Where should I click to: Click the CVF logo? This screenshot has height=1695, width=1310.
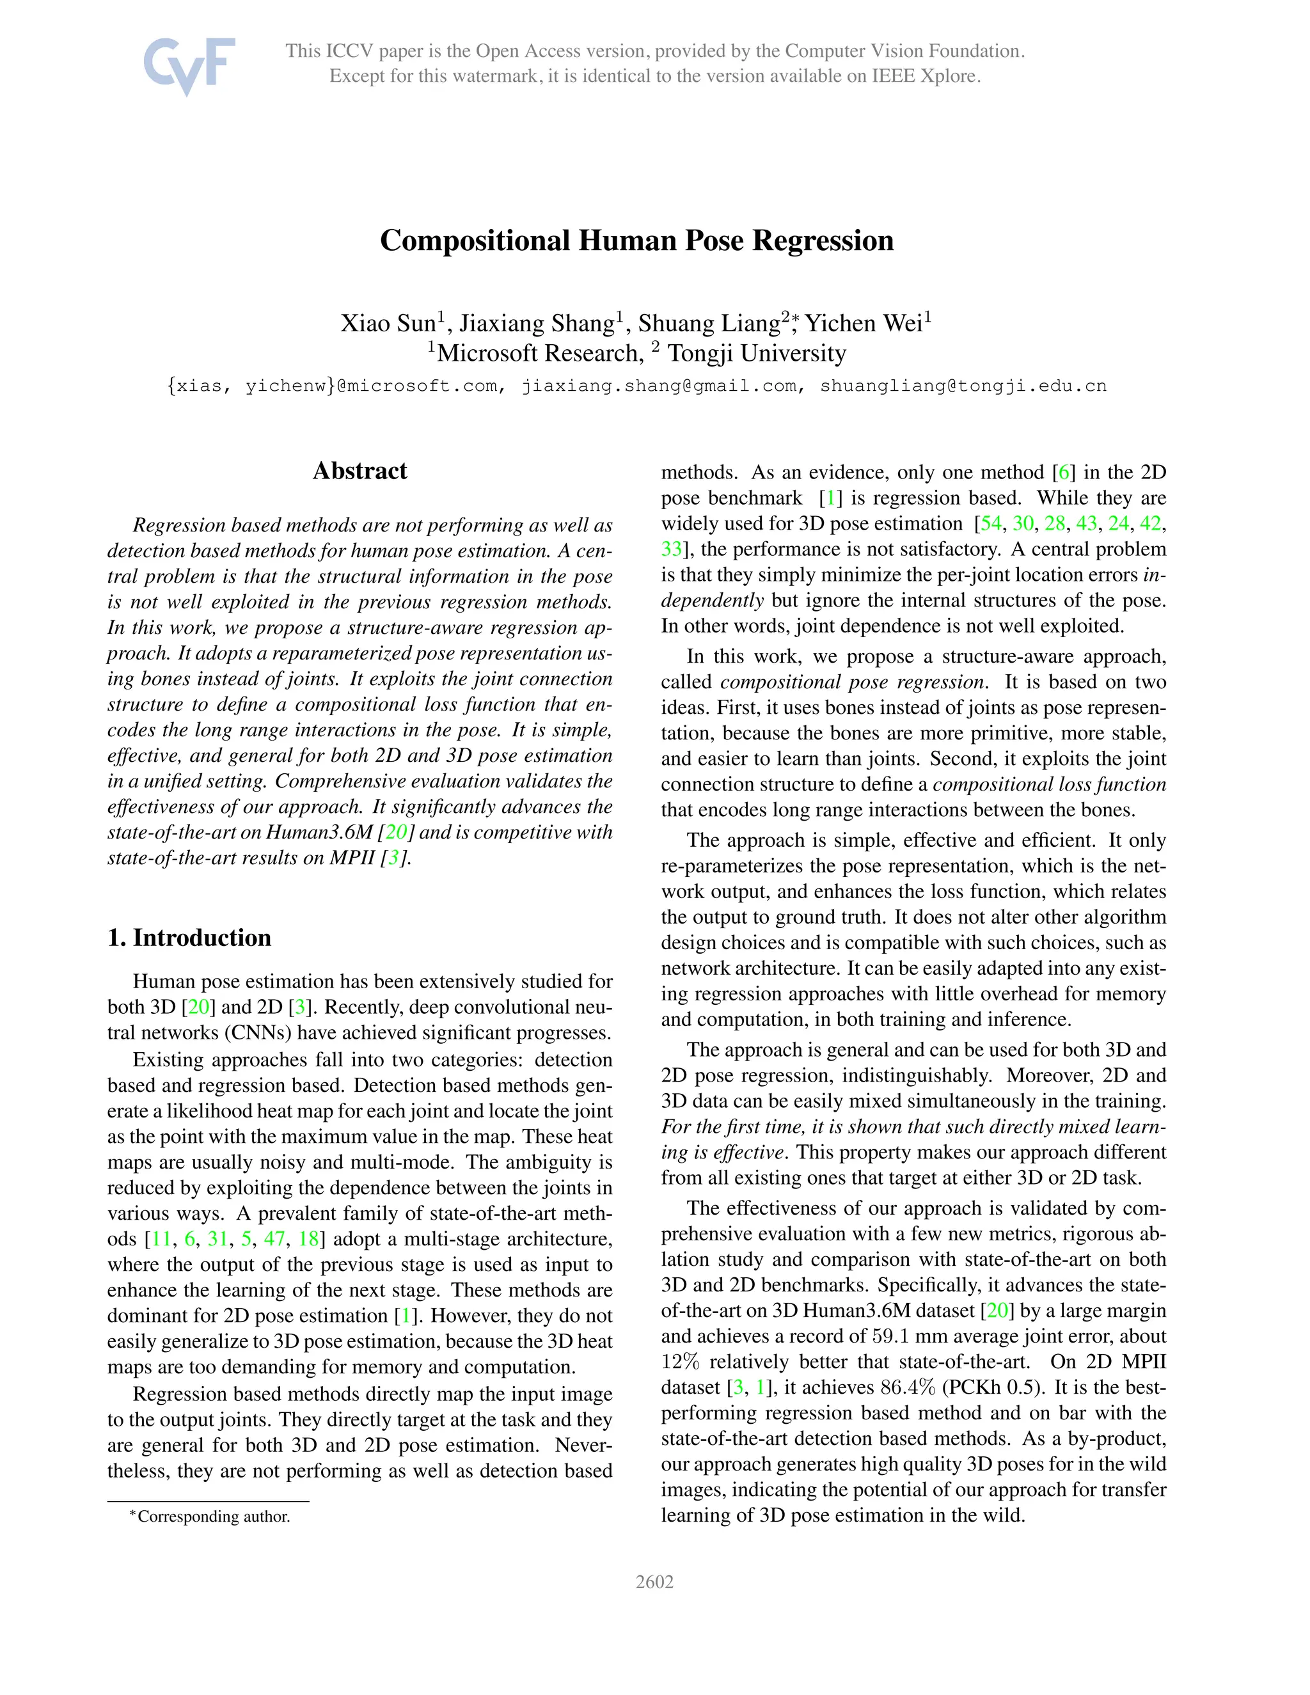click(x=189, y=65)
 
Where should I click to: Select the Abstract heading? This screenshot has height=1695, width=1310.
click(x=359, y=471)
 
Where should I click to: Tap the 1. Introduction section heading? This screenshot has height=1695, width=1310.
click(x=189, y=938)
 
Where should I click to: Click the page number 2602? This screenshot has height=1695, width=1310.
click(x=654, y=1582)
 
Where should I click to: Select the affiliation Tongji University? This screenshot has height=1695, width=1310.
click(x=757, y=354)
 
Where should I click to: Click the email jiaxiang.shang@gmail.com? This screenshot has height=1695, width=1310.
click(x=659, y=386)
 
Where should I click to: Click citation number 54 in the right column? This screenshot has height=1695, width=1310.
click(x=991, y=524)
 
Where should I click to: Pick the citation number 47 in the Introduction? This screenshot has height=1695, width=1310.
click(x=274, y=1239)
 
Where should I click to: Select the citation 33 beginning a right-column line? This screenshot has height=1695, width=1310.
click(x=671, y=549)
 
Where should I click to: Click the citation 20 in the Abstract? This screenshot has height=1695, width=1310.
click(x=396, y=833)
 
